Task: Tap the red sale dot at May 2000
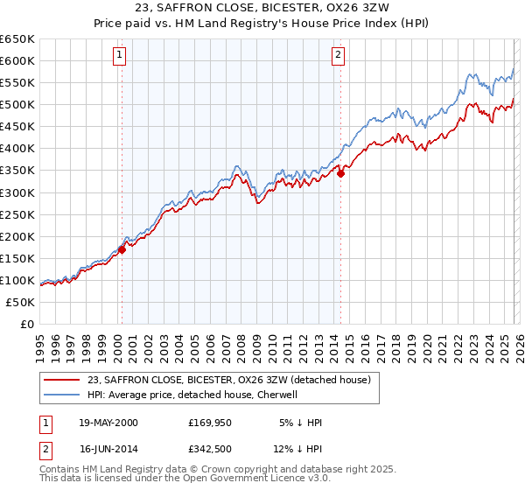coord(122,249)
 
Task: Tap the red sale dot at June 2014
coord(340,173)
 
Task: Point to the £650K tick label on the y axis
coord(17,39)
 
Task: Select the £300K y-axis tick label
coord(17,192)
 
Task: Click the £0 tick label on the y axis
coord(27,324)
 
